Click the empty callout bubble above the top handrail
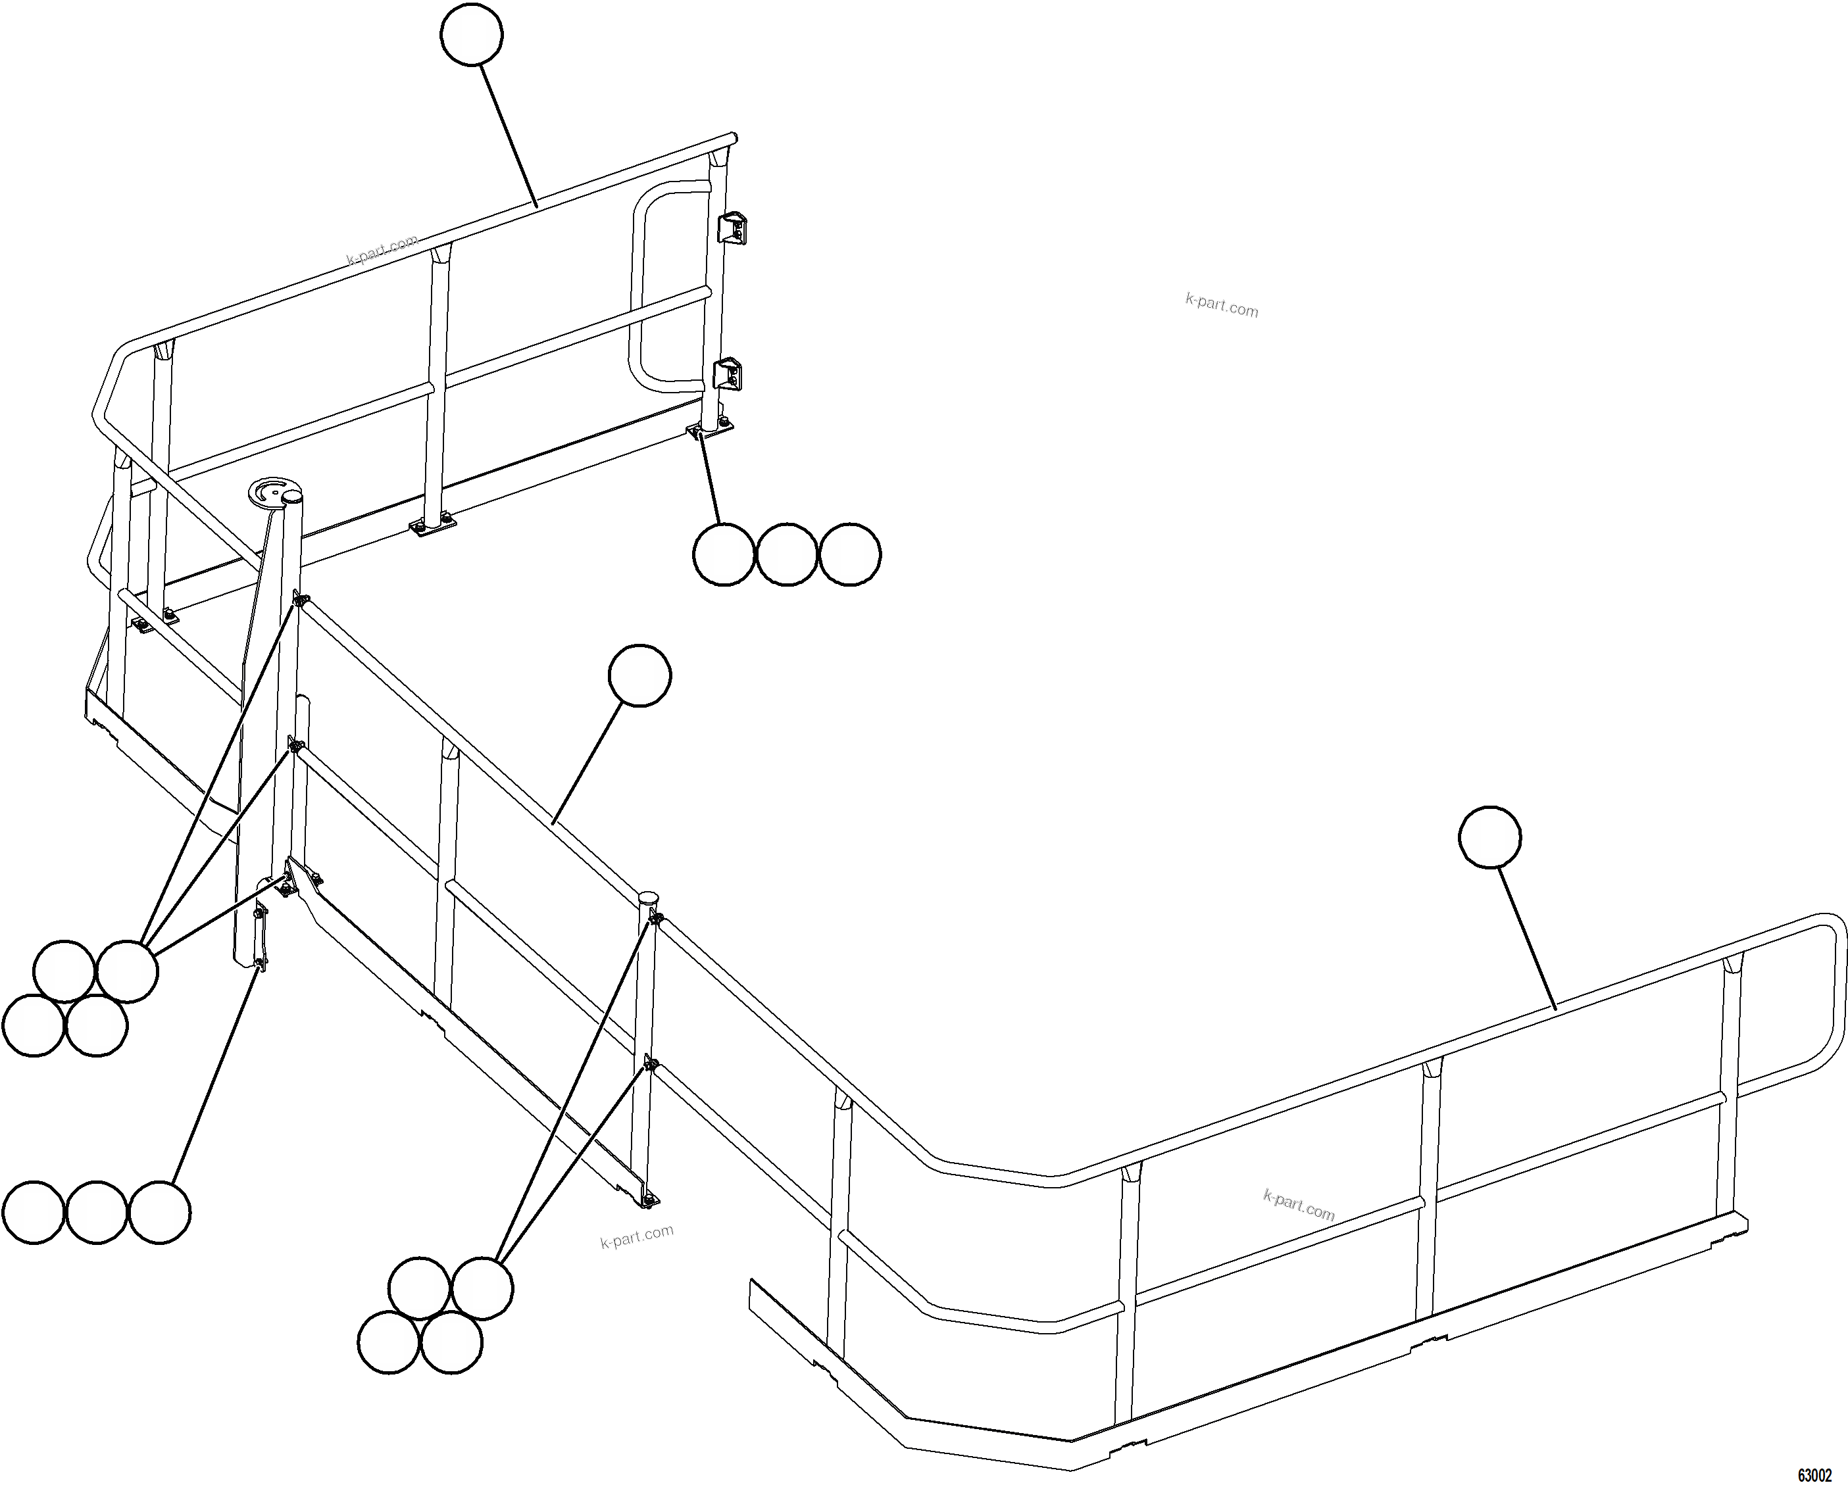pyautogui.click(x=472, y=34)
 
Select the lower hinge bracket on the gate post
pyautogui.click(x=728, y=374)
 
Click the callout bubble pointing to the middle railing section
pyautogui.click(x=639, y=675)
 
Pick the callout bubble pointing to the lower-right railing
pyautogui.click(x=1489, y=837)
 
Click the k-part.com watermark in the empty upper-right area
pyautogui.click(x=1222, y=304)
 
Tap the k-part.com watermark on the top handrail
pyautogui.click(x=382, y=249)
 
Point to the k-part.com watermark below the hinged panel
pyautogui.click(x=637, y=1236)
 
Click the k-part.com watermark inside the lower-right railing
pyautogui.click(x=1299, y=1205)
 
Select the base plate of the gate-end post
pyautogui.click(x=711, y=428)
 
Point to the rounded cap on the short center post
pyautogui.click(x=649, y=898)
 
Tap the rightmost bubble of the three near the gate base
pyautogui.click(x=849, y=554)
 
